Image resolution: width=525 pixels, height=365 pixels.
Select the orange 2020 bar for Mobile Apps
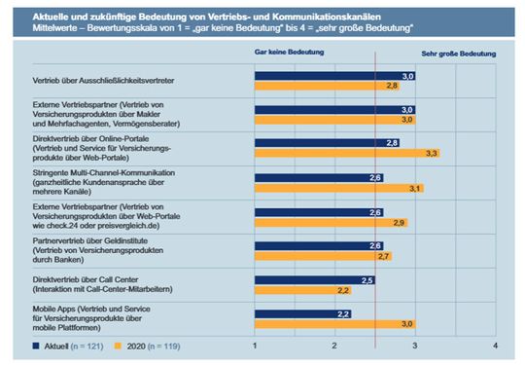[x=335, y=324]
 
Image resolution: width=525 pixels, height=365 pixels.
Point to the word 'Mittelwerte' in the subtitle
[x=36, y=30]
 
